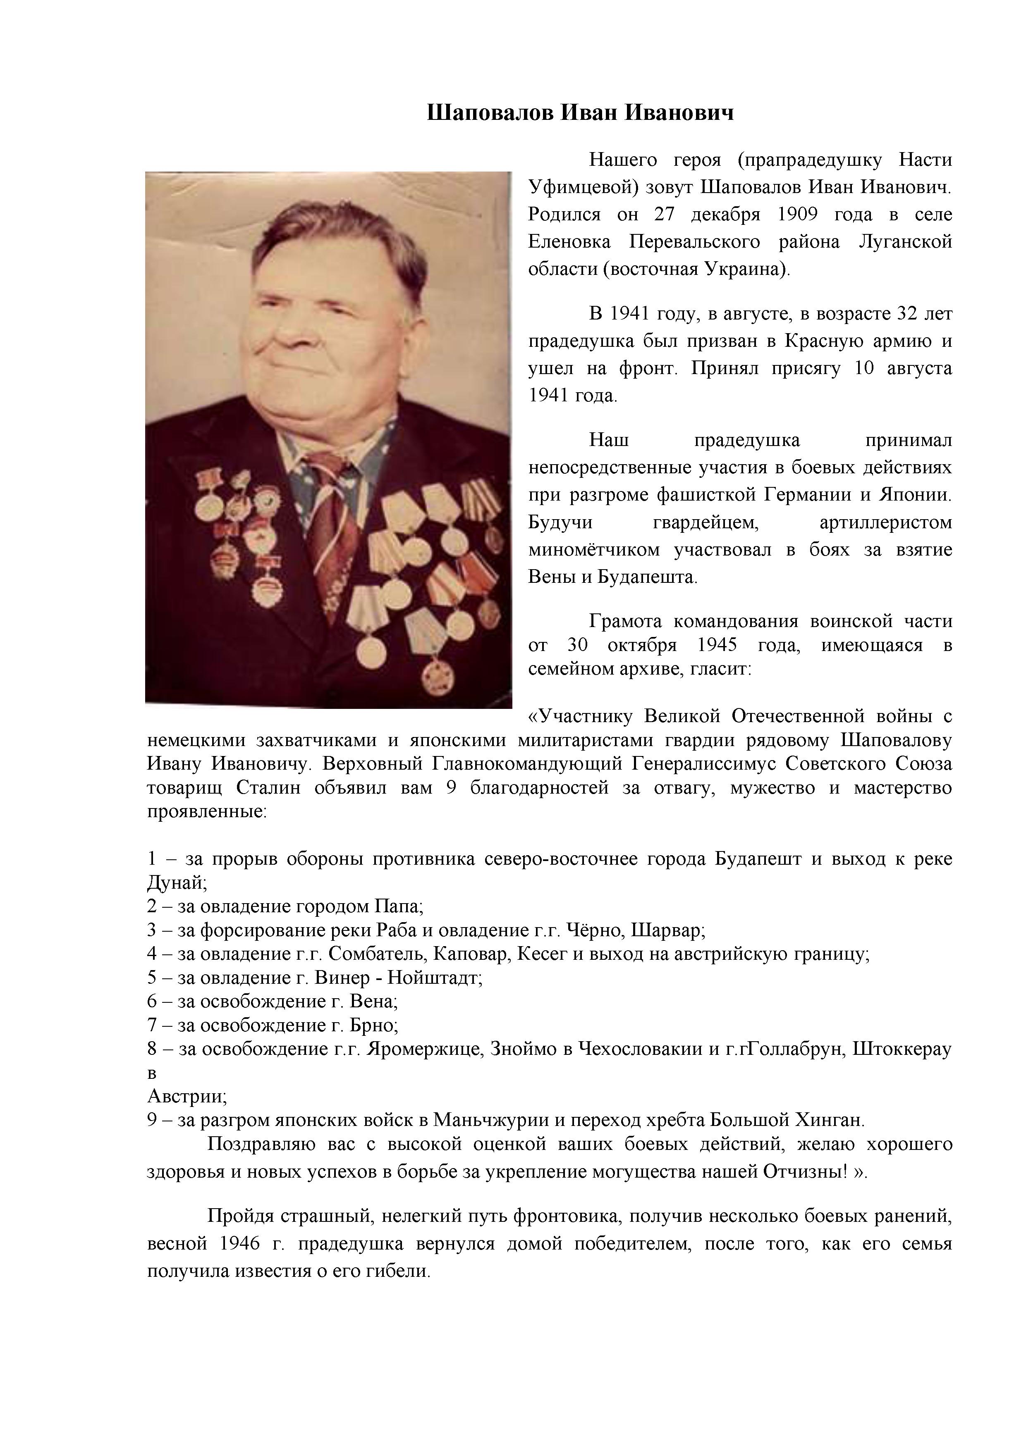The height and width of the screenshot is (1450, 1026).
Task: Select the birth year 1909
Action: tap(797, 215)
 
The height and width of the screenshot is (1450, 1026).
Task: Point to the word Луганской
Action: tap(905, 242)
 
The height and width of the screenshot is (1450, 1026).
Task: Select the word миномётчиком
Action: tap(595, 550)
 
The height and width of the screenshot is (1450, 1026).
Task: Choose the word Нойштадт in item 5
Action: tap(435, 978)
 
